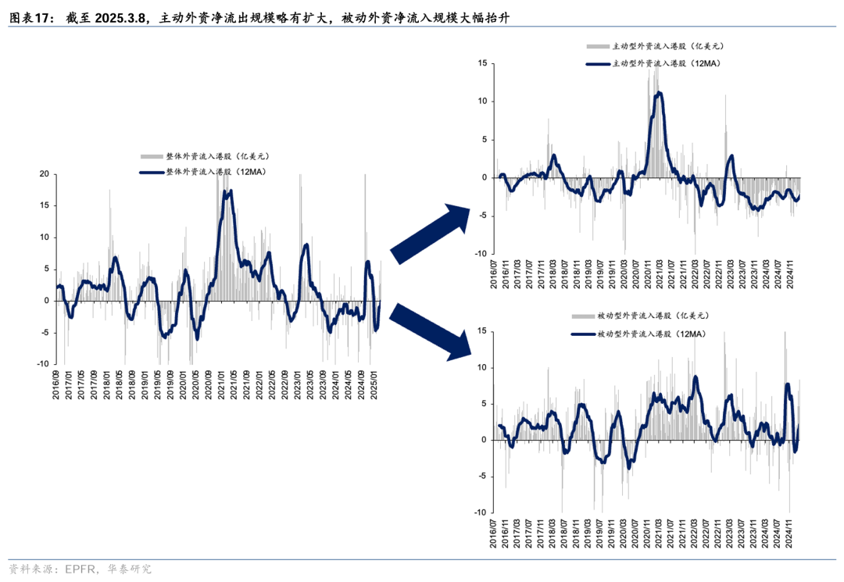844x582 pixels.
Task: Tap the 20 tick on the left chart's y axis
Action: pyautogui.click(x=44, y=174)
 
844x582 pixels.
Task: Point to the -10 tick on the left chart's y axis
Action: pyautogui.click(x=42, y=364)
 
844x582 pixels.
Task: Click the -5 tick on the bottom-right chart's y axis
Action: pyautogui.click(x=482, y=477)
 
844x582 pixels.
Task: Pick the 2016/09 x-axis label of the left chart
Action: pyautogui.click(x=56, y=384)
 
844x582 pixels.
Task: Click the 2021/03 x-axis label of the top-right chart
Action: pyautogui.click(x=661, y=274)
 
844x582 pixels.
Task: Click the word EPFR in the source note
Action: pyautogui.click(x=82, y=569)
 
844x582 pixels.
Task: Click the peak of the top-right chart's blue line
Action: pyautogui.click(x=660, y=92)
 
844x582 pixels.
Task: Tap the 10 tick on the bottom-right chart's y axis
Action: pyautogui.click(x=482, y=367)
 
